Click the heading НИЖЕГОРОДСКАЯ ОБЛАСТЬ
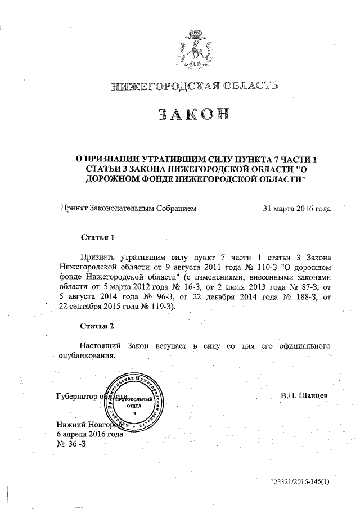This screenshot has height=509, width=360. (195, 85)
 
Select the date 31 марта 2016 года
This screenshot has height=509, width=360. (296, 208)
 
